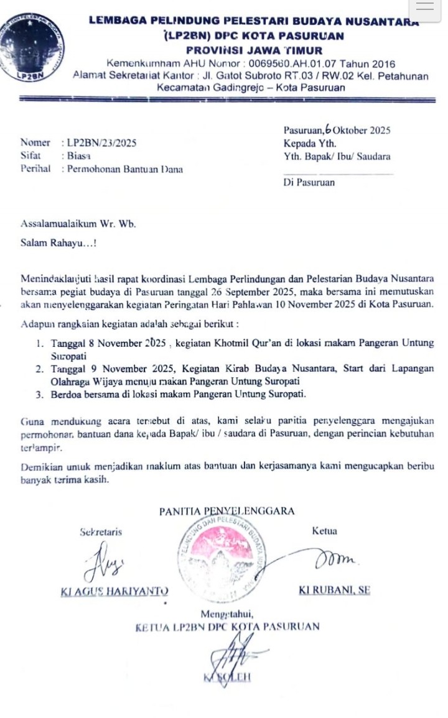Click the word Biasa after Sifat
[79, 155]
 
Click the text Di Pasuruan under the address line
[309, 182]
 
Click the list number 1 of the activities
[39, 343]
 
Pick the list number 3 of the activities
[39, 393]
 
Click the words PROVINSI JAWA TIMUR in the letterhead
[254, 50]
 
